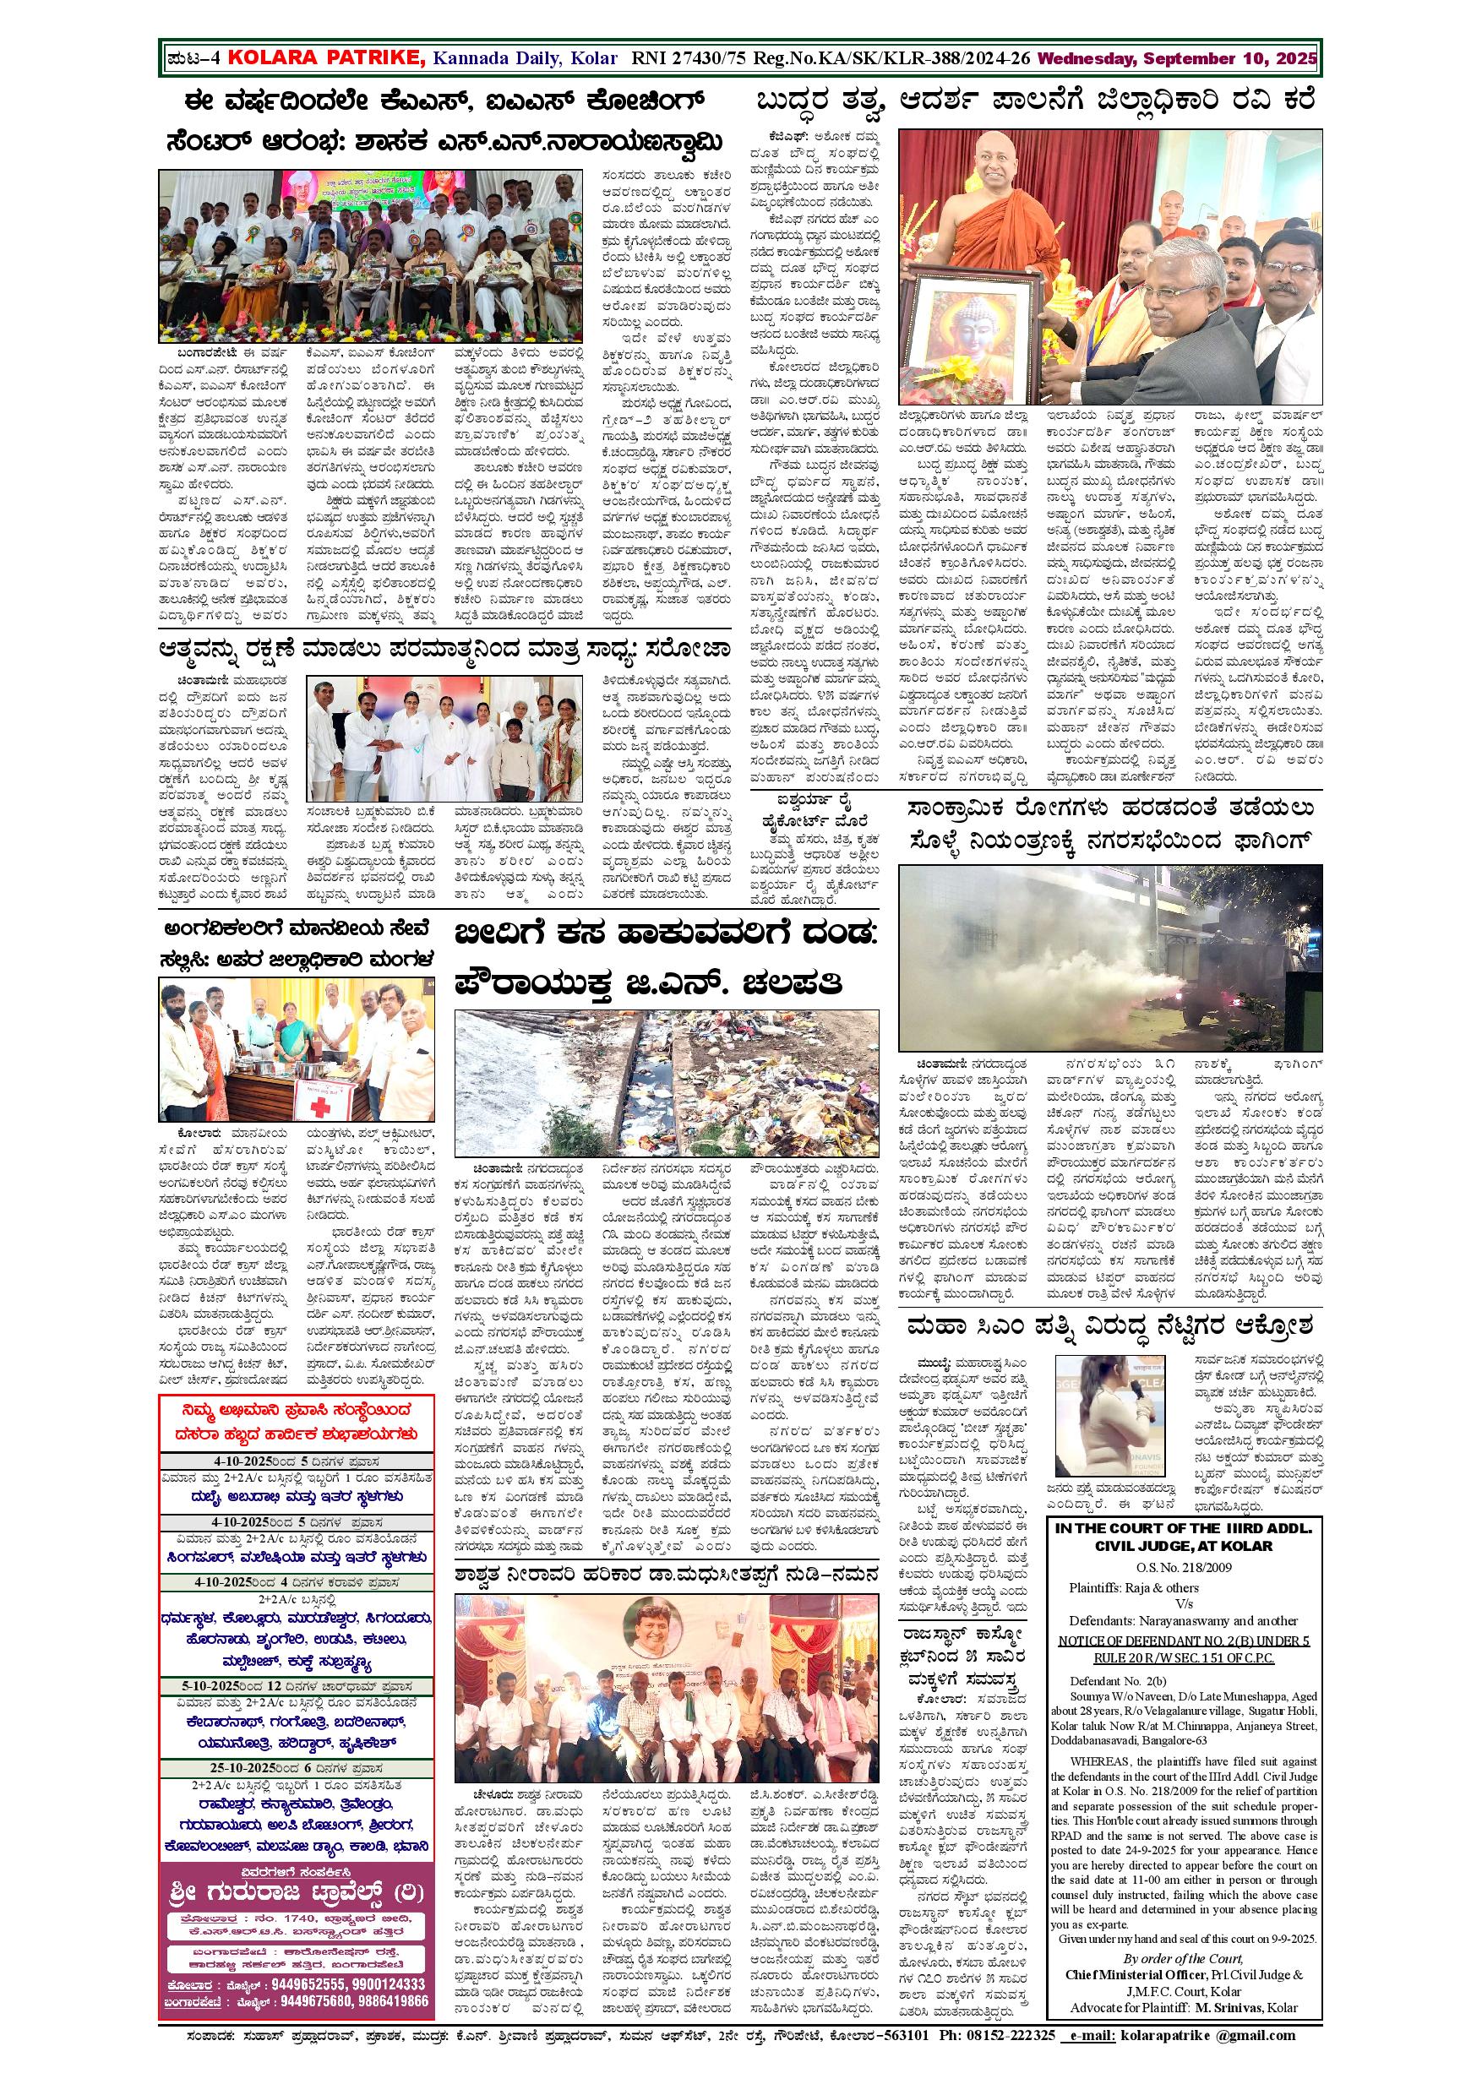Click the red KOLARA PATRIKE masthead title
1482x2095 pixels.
tap(324, 59)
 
